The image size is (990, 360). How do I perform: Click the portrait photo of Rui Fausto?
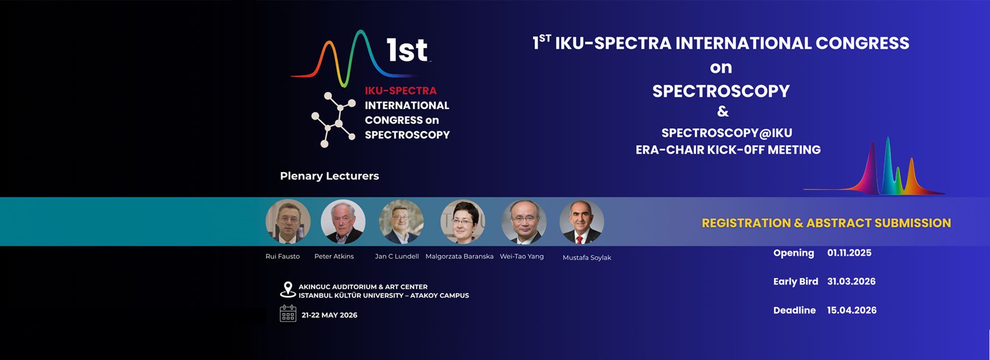(x=288, y=221)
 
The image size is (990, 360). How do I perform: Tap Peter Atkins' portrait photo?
(x=343, y=221)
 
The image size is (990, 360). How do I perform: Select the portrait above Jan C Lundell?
(x=401, y=221)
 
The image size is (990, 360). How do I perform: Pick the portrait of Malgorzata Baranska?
(x=463, y=221)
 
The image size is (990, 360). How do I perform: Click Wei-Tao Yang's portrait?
(x=524, y=221)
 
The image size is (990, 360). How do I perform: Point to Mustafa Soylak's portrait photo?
(x=582, y=221)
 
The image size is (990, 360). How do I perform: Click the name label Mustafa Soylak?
(x=587, y=257)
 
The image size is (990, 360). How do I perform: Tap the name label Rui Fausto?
(x=282, y=256)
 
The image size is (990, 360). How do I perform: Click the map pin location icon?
(x=288, y=290)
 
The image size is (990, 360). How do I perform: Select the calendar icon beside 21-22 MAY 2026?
(x=288, y=314)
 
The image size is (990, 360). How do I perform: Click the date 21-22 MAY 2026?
(x=329, y=315)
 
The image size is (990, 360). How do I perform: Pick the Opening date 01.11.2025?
(x=849, y=253)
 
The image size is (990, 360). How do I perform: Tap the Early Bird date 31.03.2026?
(x=851, y=281)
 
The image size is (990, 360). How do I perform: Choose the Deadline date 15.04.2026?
(x=852, y=310)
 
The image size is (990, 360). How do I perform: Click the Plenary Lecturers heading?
(x=329, y=176)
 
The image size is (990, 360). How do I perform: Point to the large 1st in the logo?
(x=407, y=51)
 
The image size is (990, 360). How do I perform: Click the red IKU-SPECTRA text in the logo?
(x=401, y=91)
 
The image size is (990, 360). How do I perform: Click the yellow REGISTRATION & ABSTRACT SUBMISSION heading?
(x=826, y=223)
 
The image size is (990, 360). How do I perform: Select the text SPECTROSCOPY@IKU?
(x=720, y=133)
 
